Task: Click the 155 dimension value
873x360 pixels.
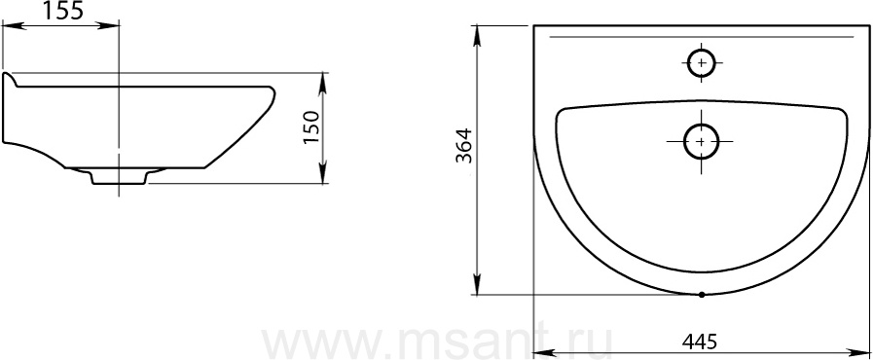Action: pos(63,11)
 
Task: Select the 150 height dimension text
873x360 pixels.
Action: pos(312,128)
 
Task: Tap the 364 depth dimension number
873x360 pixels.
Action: pos(464,145)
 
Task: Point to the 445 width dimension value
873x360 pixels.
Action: pos(700,342)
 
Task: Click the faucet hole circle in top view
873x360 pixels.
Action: pos(702,63)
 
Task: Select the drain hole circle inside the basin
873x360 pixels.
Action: pos(701,141)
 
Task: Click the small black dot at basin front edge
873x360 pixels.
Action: pos(702,295)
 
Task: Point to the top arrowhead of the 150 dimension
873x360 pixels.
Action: pos(323,85)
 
